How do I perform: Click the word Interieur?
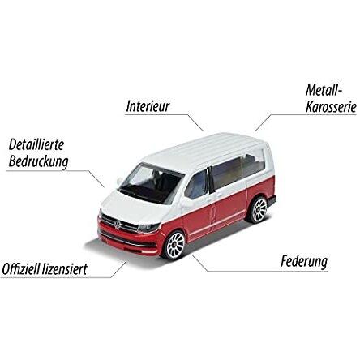[148, 106]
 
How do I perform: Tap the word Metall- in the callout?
[324, 90]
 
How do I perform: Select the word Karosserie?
[331, 107]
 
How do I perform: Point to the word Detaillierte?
[36, 145]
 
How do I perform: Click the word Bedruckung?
[38, 162]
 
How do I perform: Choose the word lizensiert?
[65, 269]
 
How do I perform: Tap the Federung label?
[304, 262]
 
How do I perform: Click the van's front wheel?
[174, 245]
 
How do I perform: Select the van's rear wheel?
[258, 209]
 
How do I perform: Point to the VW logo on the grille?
[118, 225]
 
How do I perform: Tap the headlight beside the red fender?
[148, 228]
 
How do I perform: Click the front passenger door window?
[196, 185]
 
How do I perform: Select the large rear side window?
[238, 168]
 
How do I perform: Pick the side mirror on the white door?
[188, 203]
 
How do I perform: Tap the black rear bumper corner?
[272, 201]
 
